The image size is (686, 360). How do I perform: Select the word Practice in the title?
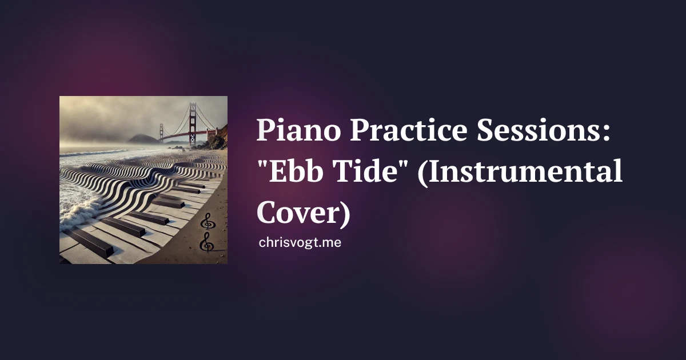(x=409, y=130)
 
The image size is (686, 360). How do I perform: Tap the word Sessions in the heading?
(x=538, y=130)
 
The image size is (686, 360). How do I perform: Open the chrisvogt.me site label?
(x=300, y=242)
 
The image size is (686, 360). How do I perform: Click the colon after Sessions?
(x=607, y=134)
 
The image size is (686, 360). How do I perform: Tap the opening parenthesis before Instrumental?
(x=422, y=172)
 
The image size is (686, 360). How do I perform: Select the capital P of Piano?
(x=266, y=130)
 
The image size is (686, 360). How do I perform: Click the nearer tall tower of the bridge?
(x=193, y=124)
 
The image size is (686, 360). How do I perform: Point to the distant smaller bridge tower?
(x=161, y=131)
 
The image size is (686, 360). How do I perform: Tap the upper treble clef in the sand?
(x=208, y=221)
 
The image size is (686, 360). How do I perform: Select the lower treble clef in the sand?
(x=207, y=242)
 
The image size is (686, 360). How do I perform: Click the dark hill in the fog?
(x=142, y=139)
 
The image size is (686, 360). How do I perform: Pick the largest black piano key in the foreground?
(x=89, y=242)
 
